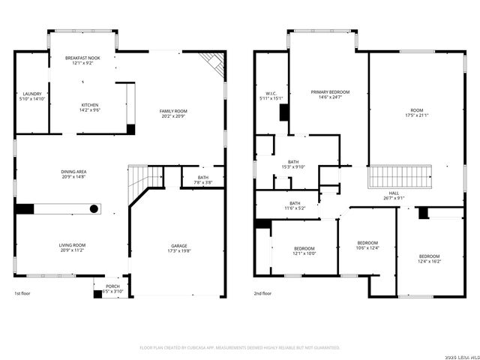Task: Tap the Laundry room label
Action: pyautogui.click(x=32, y=94)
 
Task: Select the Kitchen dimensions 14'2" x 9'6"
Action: pyautogui.click(x=90, y=110)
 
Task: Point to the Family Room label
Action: pyautogui.click(x=173, y=111)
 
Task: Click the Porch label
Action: pyautogui.click(x=112, y=286)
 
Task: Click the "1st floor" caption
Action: pyautogui.click(x=23, y=293)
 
